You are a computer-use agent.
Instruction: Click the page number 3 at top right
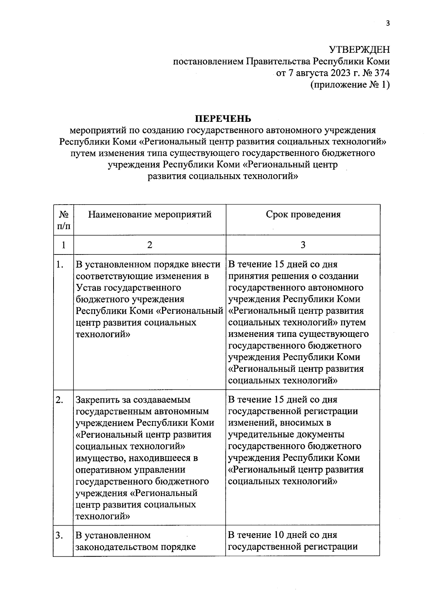click(388, 24)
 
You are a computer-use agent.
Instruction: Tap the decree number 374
click(382, 73)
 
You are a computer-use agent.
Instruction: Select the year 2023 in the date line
click(340, 73)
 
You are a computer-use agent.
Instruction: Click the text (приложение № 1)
click(350, 85)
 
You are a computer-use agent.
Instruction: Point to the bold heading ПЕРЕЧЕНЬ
click(223, 119)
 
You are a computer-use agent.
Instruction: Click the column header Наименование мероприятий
click(150, 214)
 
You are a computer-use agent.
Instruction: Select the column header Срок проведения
click(303, 214)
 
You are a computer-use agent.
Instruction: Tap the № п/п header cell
click(64, 220)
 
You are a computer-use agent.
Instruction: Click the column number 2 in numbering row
click(150, 245)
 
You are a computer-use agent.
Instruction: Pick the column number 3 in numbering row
click(303, 245)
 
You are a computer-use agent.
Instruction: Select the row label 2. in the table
click(60, 400)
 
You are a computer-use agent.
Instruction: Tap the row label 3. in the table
click(60, 535)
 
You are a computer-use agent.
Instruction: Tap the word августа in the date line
click(312, 73)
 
